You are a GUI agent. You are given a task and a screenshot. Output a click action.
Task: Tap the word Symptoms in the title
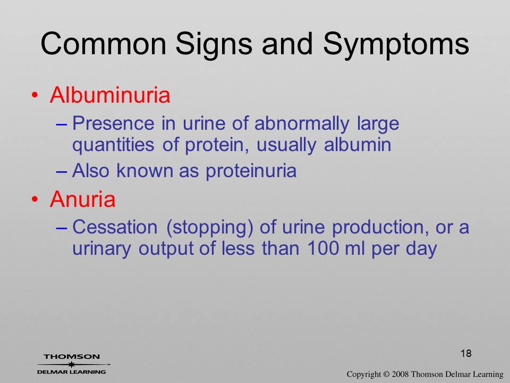tap(396, 45)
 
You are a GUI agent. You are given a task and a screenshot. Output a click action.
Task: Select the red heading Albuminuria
tap(110, 95)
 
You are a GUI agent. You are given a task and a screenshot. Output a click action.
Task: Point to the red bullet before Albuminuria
tap(35, 95)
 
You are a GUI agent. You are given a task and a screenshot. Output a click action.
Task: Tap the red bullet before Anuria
tap(35, 199)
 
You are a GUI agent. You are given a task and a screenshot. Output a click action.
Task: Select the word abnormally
tap(302, 124)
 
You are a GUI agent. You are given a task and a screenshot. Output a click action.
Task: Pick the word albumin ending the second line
tap(358, 144)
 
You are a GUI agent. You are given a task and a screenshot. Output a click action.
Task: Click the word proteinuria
tap(251, 171)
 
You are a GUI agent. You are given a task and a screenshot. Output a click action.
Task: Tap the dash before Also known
tap(62, 171)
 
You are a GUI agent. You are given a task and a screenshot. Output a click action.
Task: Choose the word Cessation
tap(115, 227)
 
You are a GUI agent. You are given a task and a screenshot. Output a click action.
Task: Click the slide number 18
tap(466, 353)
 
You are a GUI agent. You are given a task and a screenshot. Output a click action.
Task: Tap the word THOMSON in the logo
tap(72, 356)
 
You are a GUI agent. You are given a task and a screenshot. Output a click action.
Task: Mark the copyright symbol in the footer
tap(386, 374)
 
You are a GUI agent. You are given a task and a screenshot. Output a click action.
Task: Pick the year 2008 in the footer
tap(400, 374)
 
